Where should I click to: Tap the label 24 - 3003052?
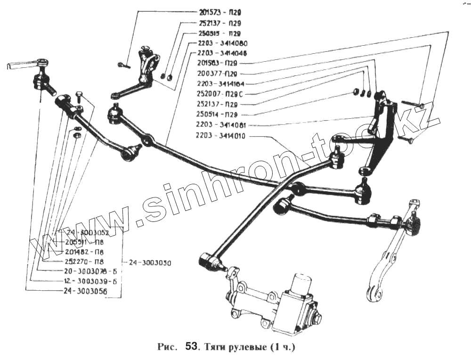click(x=88, y=233)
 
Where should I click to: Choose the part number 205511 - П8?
click(x=85, y=242)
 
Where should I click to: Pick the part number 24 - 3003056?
click(x=85, y=291)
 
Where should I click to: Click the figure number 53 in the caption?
click(x=192, y=348)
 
